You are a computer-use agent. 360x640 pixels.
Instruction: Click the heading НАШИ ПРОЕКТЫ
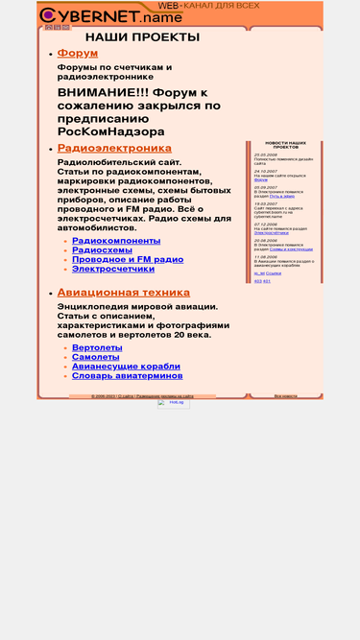click(142, 37)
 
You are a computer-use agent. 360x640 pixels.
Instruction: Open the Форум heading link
click(78, 54)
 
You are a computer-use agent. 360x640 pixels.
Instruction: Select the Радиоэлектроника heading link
click(114, 149)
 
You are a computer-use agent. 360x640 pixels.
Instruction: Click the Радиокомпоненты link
click(116, 241)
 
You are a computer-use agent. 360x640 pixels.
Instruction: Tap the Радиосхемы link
click(102, 250)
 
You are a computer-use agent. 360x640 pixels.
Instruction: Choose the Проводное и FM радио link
click(128, 260)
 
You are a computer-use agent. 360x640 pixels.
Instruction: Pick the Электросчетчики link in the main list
click(113, 270)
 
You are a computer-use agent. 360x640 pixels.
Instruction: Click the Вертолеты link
click(97, 347)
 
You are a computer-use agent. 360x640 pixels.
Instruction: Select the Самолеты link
click(96, 357)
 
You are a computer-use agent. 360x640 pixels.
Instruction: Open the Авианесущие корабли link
click(126, 367)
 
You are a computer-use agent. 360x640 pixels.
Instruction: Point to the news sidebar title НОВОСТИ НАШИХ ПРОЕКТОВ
click(286, 145)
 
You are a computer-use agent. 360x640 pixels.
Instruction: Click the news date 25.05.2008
click(266, 154)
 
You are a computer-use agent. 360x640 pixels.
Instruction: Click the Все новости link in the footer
click(286, 395)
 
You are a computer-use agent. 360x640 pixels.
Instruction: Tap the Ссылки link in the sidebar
click(274, 273)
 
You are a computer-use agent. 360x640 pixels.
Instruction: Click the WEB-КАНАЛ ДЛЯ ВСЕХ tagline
click(208, 6)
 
